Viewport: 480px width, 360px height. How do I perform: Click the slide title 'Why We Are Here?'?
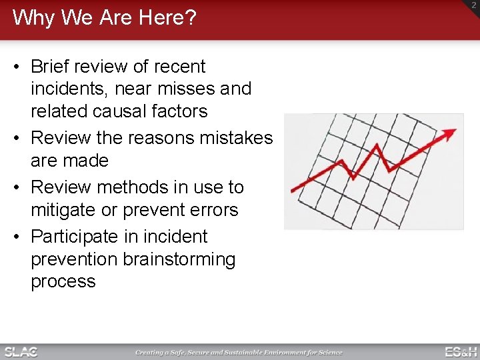pyautogui.click(x=105, y=18)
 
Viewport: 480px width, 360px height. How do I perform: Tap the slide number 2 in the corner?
pyautogui.click(x=473, y=5)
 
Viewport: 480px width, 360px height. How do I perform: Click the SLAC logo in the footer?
pyautogui.click(x=21, y=352)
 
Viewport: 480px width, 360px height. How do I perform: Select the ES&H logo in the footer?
pyautogui.click(x=461, y=352)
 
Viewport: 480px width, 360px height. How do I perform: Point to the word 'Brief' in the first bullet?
pyautogui.click(x=51, y=67)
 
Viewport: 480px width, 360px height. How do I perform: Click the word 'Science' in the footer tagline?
pyautogui.click(x=329, y=353)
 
